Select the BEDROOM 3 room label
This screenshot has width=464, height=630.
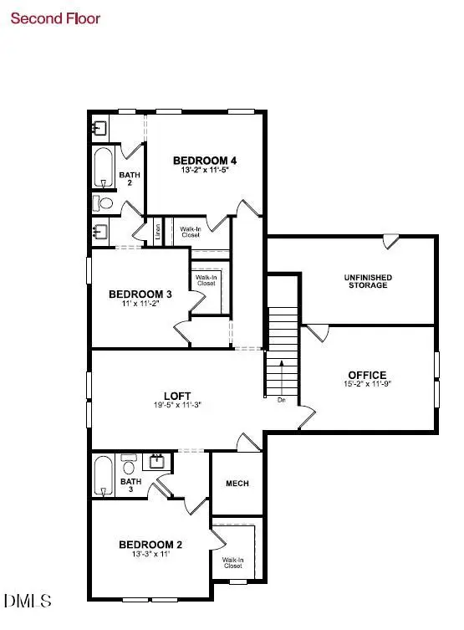[140, 294]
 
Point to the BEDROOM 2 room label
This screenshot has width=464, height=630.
[150, 545]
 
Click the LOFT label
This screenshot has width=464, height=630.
[177, 396]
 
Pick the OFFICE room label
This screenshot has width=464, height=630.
[367, 375]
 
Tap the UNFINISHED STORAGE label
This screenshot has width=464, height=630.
[367, 281]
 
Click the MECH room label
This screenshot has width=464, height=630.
[237, 484]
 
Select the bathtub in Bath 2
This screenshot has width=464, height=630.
[102, 169]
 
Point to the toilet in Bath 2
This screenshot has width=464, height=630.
[104, 203]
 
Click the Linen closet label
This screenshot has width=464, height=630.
[157, 230]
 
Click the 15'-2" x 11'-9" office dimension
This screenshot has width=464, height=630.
[367, 387]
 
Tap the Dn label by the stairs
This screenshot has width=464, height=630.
[282, 400]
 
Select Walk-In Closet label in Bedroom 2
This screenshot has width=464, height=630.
[232, 562]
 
